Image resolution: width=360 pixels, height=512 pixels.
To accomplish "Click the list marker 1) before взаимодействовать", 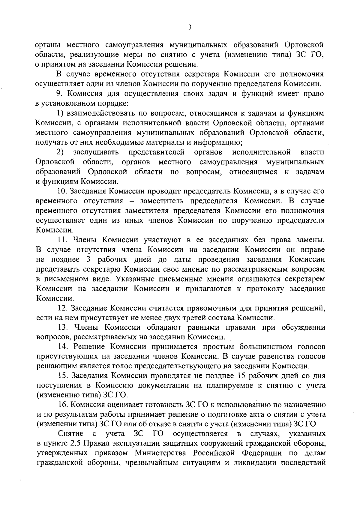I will (x=60, y=113).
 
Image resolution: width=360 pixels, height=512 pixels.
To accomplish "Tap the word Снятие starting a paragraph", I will (x=71, y=434).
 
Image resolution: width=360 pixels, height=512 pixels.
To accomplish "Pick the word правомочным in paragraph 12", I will (x=208, y=308).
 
